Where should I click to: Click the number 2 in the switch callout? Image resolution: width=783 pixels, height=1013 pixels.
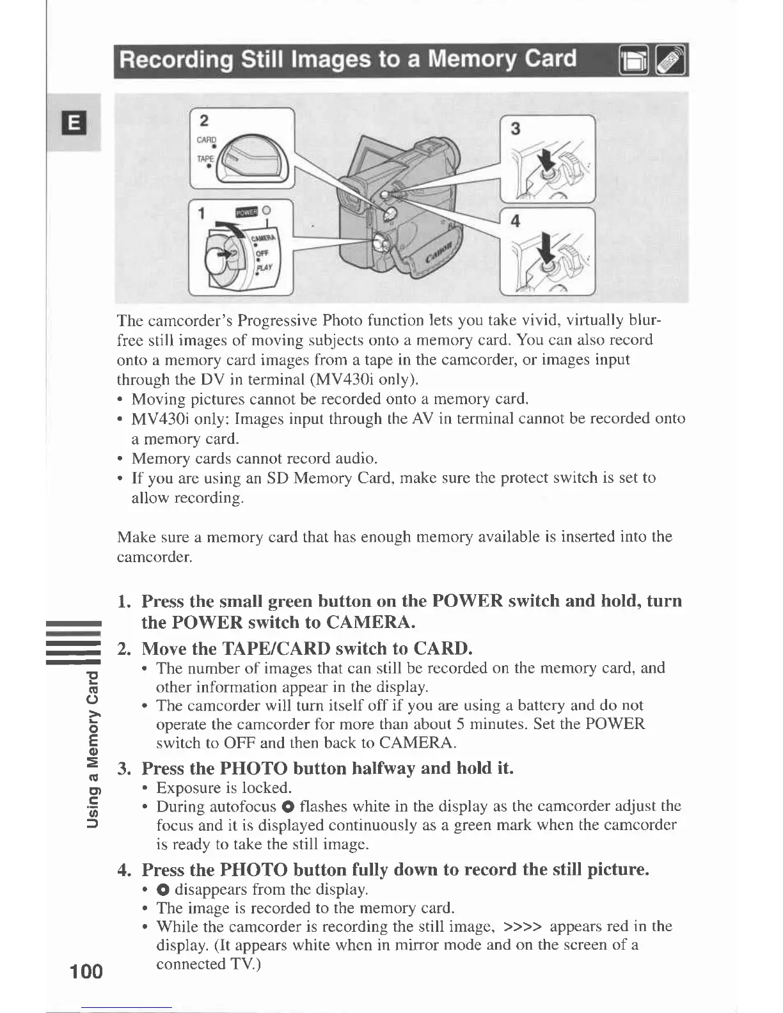203,122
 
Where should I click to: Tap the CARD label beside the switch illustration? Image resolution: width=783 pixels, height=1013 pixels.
207,141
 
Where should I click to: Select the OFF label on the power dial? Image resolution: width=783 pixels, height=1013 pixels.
262,253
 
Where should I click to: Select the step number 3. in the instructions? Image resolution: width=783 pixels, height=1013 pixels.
125,768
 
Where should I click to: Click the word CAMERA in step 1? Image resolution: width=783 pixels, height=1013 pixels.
371,622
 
